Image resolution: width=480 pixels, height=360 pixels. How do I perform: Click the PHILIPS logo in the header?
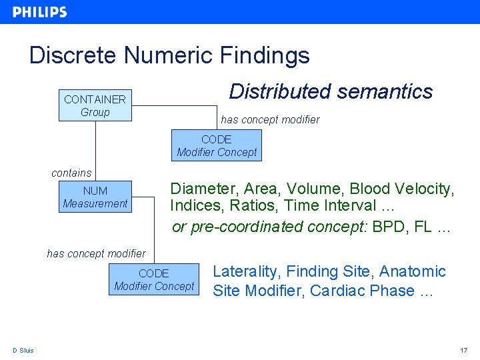point(39,12)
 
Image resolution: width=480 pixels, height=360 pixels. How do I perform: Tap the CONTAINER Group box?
point(95,106)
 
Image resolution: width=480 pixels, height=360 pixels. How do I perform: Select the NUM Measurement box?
point(95,197)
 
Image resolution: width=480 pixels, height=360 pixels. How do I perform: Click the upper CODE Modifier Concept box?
point(217,145)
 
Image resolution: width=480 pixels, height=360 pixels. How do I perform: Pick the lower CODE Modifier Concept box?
point(154,279)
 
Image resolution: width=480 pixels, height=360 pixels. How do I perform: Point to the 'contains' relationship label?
point(71,173)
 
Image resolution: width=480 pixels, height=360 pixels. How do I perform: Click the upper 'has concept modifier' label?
point(270,120)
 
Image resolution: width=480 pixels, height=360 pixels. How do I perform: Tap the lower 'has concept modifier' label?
point(96,253)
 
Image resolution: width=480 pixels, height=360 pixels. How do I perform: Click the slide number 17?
point(464,351)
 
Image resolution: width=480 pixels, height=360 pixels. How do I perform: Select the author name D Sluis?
point(23,351)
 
